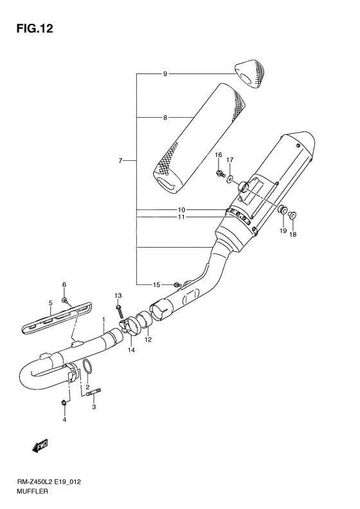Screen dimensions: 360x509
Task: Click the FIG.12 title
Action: (x=34, y=28)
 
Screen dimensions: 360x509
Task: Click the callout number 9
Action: (x=165, y=74)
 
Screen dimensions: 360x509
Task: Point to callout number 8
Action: (x=165, y=118)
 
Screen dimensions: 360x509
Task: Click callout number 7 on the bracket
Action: (x=120, y=160)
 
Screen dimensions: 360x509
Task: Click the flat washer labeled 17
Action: (x=230, y=178)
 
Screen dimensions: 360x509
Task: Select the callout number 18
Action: (x=293, y=234)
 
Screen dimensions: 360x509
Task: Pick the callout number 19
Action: (x=283, y=230)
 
